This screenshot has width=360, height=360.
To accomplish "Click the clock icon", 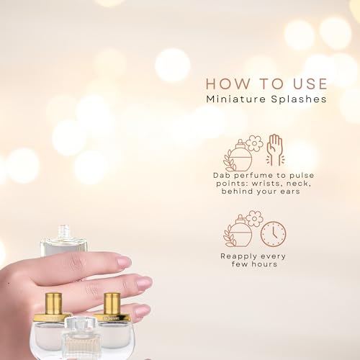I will (273, 233).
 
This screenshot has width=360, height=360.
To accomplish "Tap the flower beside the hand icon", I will (254, 143).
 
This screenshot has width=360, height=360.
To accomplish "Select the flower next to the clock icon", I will (254, 218).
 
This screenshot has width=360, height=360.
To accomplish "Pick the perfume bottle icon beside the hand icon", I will (238, 156).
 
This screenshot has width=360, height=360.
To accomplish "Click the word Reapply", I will (235, 256).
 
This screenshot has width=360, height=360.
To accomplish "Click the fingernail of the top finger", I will (125, 261).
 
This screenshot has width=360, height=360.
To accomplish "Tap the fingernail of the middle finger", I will (144, 283).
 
